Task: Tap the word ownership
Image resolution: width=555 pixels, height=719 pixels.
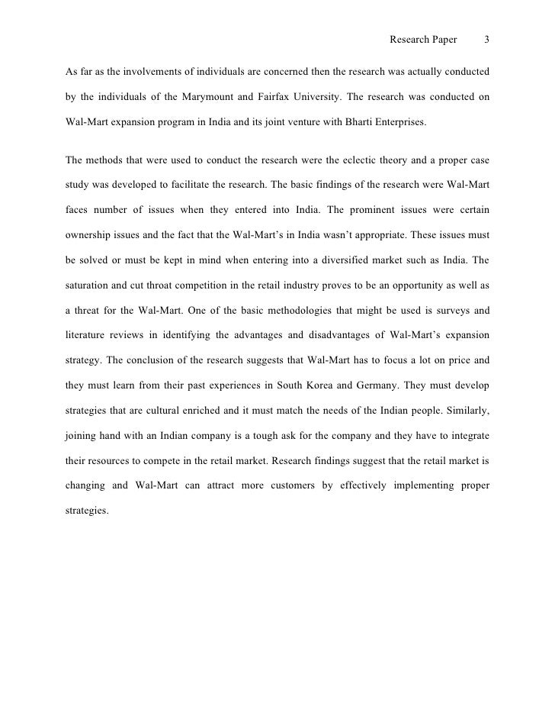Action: pos(90,235)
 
